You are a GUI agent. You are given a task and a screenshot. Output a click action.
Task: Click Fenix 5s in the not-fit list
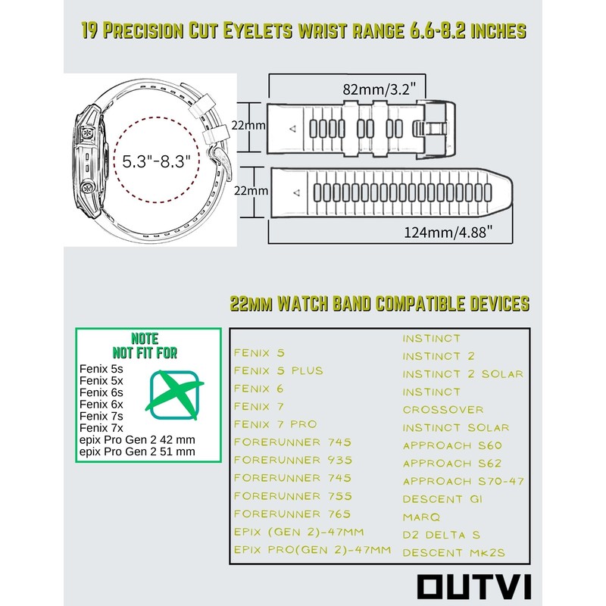pos(101,368)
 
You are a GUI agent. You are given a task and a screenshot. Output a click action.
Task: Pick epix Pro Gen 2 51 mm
pos(137,451)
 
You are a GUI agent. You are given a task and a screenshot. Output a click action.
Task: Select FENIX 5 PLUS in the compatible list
pos(278,370)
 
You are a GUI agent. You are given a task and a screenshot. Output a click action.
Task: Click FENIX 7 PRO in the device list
pos(275,424)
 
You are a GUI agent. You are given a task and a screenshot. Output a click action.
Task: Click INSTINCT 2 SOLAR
pos(463,374)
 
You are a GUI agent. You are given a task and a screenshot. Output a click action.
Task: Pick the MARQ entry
pos(422,517)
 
